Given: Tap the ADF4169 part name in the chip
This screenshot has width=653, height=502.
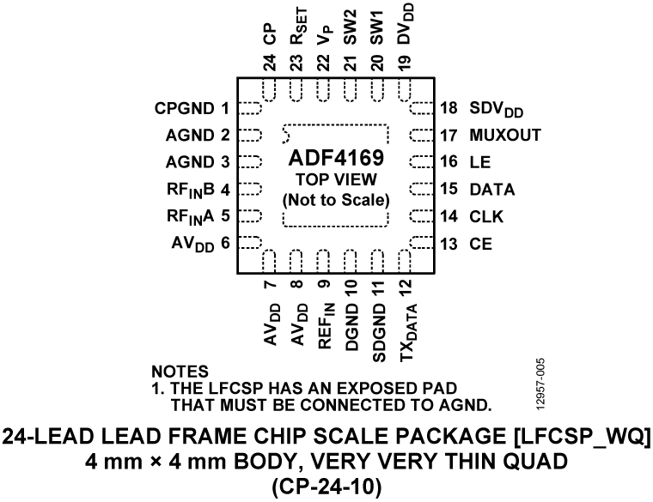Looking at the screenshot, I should pyautogui.click(x=335, y=160).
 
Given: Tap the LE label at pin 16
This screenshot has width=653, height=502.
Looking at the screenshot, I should pyautogui.click(x=479, y=161).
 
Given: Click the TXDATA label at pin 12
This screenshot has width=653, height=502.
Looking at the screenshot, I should pyautogui.click(x=406, y=331).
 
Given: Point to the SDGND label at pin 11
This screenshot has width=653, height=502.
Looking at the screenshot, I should pyautogui.click(x=378, y=325).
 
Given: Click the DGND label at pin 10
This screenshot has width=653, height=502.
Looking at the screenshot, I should pyautogui.click(x=351, y=324).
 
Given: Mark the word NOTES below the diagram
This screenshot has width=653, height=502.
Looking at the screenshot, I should pyautogui.click(x=180, y=372).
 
